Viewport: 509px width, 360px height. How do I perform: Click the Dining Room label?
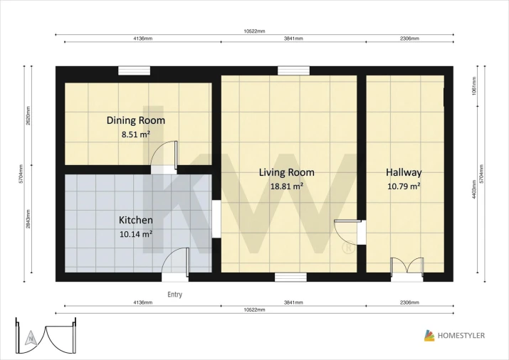pos(136,120)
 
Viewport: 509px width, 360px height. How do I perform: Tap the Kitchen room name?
pos(136,220)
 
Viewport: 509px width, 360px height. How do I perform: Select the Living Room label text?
pos(287,172)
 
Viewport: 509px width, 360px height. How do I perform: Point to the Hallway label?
pos(404,172)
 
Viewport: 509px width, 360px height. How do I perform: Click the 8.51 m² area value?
pos(136,134)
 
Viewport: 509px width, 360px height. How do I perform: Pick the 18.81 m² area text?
pos(287,186)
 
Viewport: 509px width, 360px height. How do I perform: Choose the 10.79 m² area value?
pos(404,186)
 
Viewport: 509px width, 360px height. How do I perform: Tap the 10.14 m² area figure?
pos(136,234)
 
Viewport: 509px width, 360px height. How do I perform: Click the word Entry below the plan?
pos(174,295)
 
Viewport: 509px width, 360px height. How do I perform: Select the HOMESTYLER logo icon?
pos(429,335)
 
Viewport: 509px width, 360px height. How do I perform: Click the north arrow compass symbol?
pos(31,338)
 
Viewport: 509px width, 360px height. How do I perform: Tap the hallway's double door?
pos(407,266)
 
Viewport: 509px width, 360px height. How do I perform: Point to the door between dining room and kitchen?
pos(164,155)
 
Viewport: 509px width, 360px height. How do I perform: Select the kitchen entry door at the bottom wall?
pos(175,262)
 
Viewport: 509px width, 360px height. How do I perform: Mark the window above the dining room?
pos(134,70)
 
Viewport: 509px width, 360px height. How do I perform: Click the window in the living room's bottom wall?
pos(290,277)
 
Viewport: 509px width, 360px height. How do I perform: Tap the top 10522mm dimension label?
pos(255,31)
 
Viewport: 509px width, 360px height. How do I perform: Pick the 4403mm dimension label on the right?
pos(474,191)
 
